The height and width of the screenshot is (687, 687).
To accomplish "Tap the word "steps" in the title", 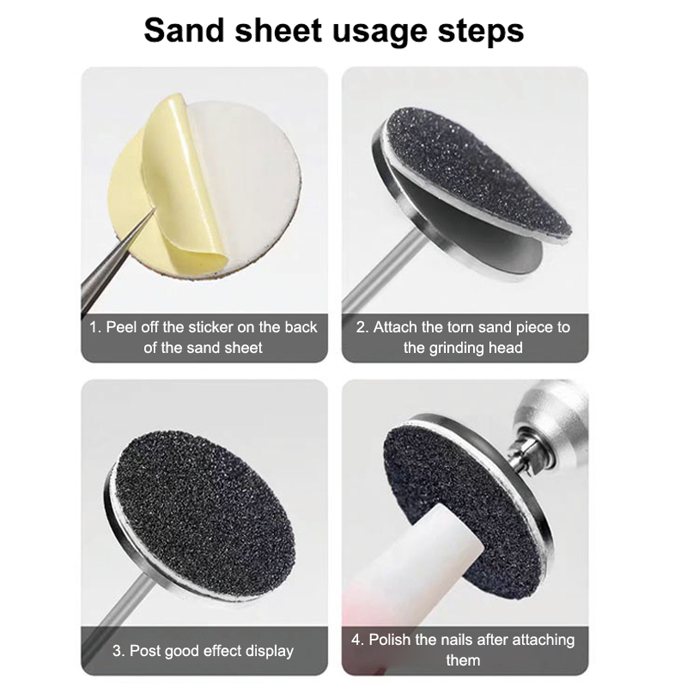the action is [481, 31].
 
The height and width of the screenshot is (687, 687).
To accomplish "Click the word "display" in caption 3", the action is [268, 651].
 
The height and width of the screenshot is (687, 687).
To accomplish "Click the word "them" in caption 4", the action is [462, 660].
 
